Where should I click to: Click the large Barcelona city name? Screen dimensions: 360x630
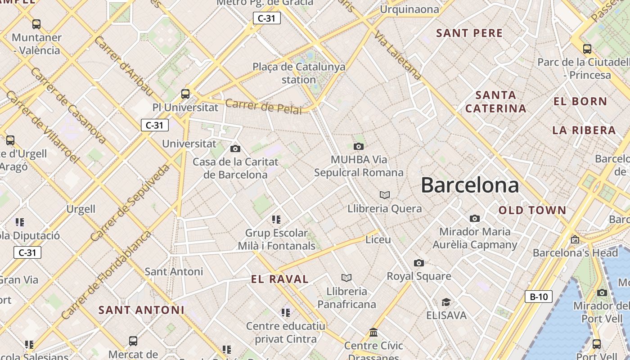pyautogui.click(x=470, y=185)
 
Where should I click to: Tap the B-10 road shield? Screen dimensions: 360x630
pyautogui.click(x=538, y=297)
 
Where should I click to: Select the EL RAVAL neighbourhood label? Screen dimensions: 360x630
pyautogui.click(x=280, y=279)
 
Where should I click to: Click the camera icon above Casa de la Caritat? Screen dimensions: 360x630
pyautogui.click(x=235, y=148)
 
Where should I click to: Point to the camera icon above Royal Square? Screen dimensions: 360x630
pyautogui.click(x=418, y=263)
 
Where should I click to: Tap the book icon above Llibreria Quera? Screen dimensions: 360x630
pyautogui.click(x=384, y=195)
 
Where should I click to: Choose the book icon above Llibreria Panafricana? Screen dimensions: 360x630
pyautogui.click(x=346, y=278)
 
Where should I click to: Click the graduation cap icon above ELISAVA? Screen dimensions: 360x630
pyautogui.click(x=445, y=302)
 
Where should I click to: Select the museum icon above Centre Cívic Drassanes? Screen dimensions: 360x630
pyautogui.click(x=373, y=333)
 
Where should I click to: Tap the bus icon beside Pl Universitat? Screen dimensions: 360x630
pyautogui.click(x=185, y=94)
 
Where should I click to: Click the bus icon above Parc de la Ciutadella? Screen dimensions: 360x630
pyautogui.click(x=587, y=49)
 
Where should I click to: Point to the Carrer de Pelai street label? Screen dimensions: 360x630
pyautogui.click(x=263, y=107)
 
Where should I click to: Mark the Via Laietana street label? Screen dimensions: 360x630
pyautogui.click(x=398, y=56)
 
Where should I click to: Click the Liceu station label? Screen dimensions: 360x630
pyautogui.click(x=378, y=239)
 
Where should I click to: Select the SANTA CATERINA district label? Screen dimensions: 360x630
pyautogui.click(x=495, y=102)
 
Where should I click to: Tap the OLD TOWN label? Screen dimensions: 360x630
pyautogui.click(x=532, y=210)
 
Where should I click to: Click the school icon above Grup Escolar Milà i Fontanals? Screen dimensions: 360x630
pyautogui.click(x=276, y=220)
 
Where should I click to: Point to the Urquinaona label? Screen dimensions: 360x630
pyautogui.click(x=409, y=9)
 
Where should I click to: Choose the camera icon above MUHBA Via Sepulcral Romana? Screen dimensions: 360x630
pyautogui.click(x=358, y=146)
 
